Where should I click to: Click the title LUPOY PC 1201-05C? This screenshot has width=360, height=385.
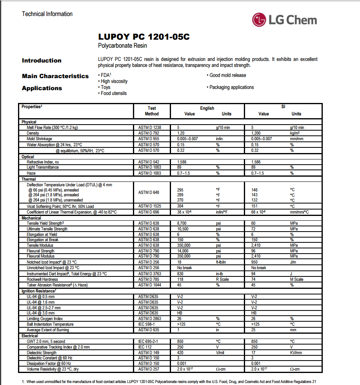[x=144, y=37]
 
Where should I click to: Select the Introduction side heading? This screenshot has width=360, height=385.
[x=42, y=60]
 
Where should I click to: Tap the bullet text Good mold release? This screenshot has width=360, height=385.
[x=227, y=75]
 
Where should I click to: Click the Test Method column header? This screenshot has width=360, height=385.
[x=152, y=111]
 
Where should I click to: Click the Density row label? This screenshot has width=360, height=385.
[x=33, y=133]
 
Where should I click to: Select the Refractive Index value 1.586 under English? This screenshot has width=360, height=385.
[x=182, y=162]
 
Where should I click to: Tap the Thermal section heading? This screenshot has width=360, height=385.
[x=29, y=179]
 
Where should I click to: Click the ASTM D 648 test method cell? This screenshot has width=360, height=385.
[x=149, y=192]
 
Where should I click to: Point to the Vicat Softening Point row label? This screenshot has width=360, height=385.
[x=60, y=206]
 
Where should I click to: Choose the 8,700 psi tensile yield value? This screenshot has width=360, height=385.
[x=183, y=223]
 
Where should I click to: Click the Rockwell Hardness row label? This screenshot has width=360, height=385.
[x=42, y=279]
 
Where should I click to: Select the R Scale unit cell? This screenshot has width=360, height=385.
[x=222, y=279]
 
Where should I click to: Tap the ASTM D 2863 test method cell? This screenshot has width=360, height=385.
[x=149, y=318]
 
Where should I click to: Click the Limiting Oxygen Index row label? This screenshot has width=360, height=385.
[x=45, y=318]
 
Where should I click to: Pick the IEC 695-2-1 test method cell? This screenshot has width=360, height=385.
[x=149, y=341]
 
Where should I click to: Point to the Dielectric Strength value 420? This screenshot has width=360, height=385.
[x=181, y=353]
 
